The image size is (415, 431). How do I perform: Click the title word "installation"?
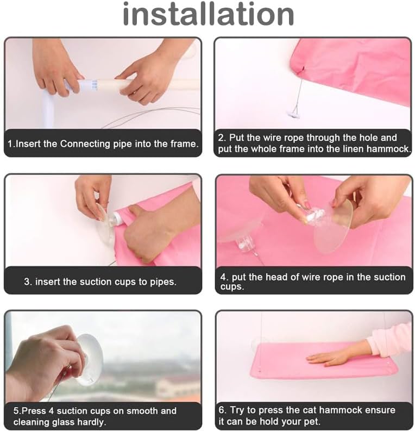(209, 14)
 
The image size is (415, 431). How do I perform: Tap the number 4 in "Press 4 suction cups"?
(52, 411)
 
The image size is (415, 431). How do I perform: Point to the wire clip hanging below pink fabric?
(294, 113)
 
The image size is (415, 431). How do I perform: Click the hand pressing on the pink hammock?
(341, 354)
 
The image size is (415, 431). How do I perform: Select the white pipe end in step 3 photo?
(117, 218)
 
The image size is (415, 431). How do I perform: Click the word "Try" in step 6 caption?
(237, 411)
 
